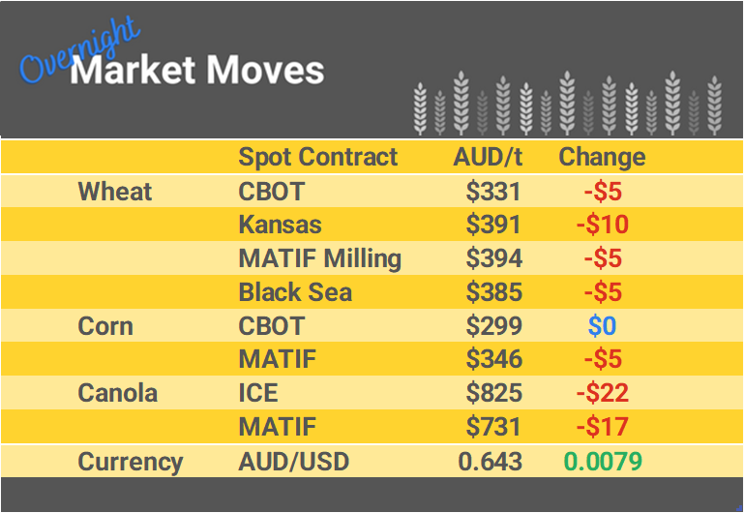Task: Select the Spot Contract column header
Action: (x=317, y=157)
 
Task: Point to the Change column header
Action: (x=602, y=157)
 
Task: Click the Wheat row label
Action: (x=115, y=191)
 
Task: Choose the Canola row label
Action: (x=118, y=393)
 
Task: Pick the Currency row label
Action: (x=131, y=462)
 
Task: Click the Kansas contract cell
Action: (x=280, y=225)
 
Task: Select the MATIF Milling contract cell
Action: (x=319, y=258)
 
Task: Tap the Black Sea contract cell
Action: (x=295, y=292)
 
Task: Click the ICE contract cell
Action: (x=258, y=393)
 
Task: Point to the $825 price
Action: (x=493, y=393)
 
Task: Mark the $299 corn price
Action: (x=493, y=326)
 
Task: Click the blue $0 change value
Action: (x=602, y=326)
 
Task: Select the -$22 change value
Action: (x=602, y=393)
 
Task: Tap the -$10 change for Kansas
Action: (x=602, y=225)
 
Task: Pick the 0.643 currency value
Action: (x=490, y=462)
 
